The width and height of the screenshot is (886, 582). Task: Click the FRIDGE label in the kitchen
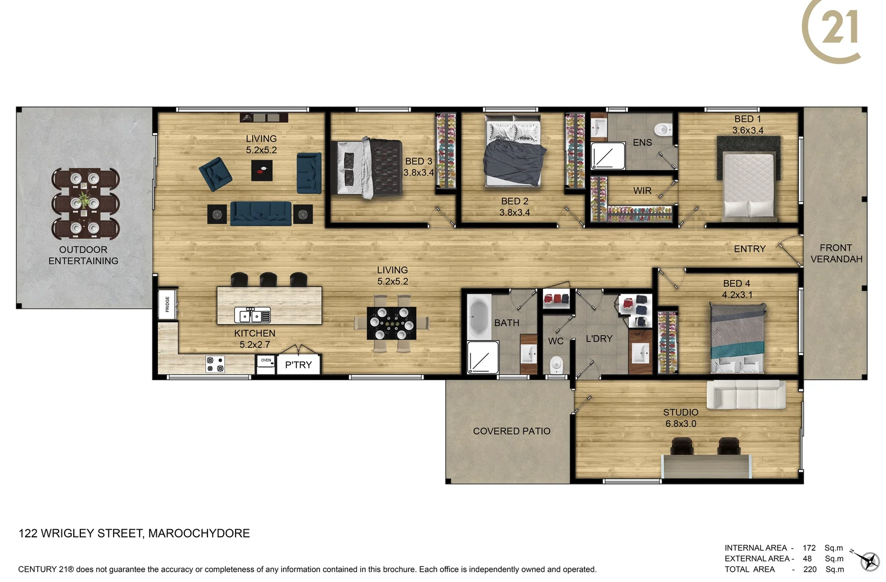168,304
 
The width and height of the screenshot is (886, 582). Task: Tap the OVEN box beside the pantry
266,364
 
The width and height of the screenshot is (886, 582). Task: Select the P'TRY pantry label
299,365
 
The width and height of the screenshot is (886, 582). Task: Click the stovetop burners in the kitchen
215,364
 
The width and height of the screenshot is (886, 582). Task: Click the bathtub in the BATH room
478,317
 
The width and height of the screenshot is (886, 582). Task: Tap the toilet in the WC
556,365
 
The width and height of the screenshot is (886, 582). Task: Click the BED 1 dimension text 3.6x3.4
747,130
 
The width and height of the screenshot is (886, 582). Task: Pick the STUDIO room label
681,412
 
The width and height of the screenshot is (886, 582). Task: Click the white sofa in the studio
746,395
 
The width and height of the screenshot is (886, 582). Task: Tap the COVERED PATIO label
511,431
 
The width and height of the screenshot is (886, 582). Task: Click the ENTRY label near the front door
749,249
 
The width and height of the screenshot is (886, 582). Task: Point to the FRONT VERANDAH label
836,253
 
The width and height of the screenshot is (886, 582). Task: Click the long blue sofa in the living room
261,213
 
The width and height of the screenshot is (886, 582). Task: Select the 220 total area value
809,569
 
